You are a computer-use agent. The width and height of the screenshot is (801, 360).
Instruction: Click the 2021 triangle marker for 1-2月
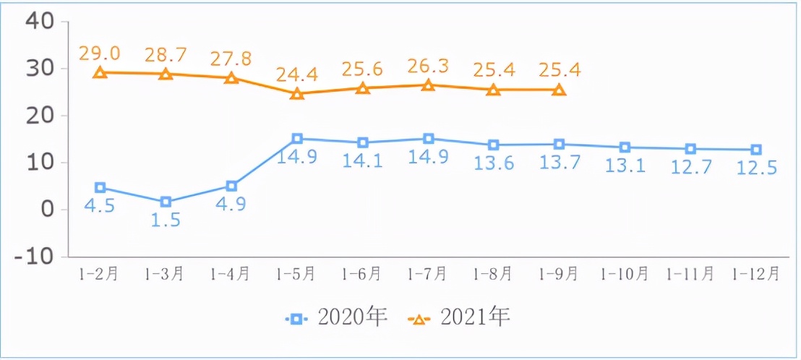click(100, 72)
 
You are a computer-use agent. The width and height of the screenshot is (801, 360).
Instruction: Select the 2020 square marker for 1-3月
click(166, 202)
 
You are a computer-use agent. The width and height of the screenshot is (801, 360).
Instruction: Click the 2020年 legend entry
click(337, 317)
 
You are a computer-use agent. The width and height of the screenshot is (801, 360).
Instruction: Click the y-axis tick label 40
click(39, 21)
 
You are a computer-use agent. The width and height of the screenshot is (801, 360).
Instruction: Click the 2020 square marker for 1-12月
click(755, 150)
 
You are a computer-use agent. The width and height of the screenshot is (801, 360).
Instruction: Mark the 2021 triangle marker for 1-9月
click(559, 90)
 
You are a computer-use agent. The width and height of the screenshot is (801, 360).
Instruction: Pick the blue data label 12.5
click(755, 169)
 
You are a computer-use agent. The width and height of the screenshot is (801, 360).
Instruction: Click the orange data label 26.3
click(428, 67)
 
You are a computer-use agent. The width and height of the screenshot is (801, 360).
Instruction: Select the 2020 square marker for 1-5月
click(297, 138)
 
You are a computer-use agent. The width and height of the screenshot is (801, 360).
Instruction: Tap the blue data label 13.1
click(625, 167)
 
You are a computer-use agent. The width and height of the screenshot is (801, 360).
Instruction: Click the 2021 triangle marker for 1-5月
click(297, 93)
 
